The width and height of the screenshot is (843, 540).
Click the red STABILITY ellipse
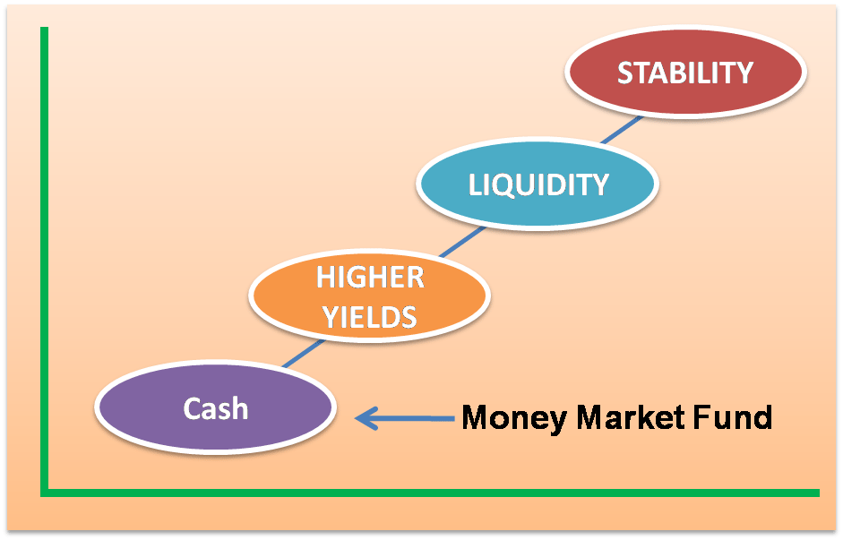[x=685, y=72]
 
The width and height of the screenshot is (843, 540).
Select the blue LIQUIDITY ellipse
[x=538, y=184]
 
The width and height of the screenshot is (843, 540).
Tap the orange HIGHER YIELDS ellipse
[x=370, y=296]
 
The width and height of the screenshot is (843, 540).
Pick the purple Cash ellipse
[x=216, y=407]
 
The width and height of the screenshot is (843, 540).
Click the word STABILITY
[x=685, y=73]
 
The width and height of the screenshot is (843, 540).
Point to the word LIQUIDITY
[x=538, y=184]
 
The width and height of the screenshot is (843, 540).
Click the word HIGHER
[x=370, y=278]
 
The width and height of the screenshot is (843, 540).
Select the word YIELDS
[x=370, y=316]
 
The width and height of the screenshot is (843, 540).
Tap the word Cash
[x=216, y=408]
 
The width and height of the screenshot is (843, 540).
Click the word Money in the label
[x=514, y=418]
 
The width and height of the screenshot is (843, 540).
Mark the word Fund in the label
[x=734, y=417]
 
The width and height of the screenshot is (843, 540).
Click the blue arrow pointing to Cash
[x=404, y=418]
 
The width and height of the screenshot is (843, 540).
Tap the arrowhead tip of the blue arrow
[x=356, y=418]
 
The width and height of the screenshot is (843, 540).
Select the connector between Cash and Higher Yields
[x=304, y=354]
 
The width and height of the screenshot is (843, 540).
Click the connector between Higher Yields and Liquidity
[x=462, y=242]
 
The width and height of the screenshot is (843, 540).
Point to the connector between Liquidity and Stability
[x=622, y=130]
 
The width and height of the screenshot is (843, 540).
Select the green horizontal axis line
[x=430, y=493]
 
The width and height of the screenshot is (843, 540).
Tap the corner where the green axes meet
[x=45, y=493]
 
